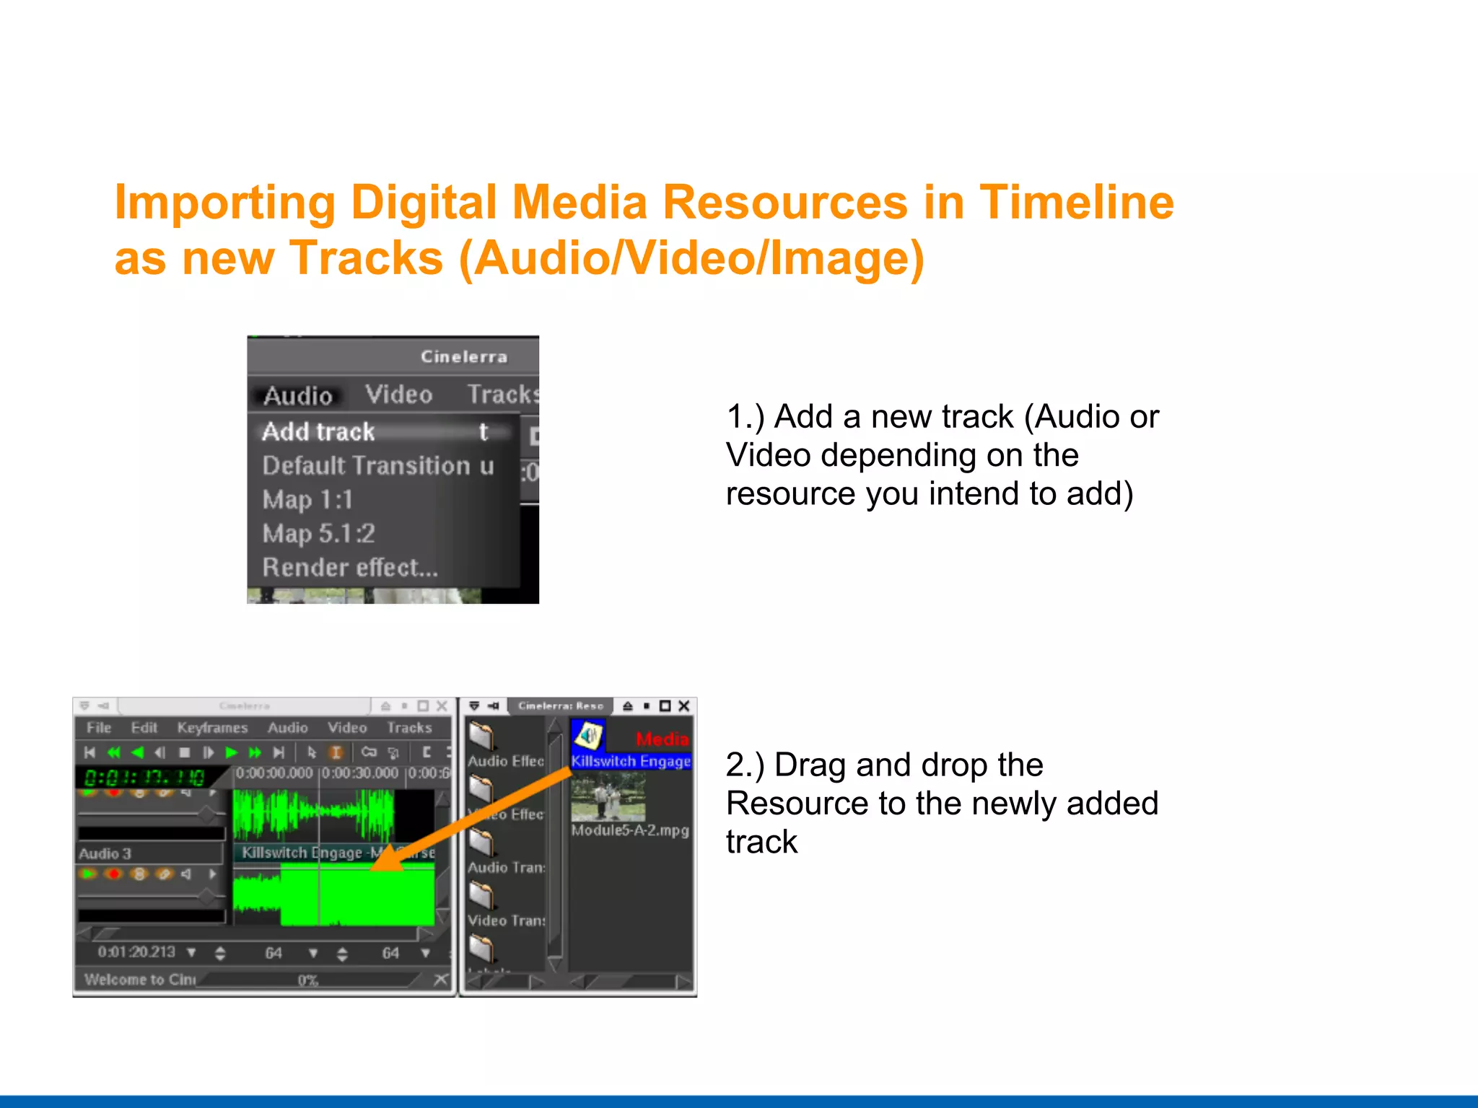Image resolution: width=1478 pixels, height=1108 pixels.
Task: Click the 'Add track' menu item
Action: click(x=319, y=431)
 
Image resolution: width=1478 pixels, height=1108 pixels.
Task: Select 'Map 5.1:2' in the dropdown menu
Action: click(x=319, y=534)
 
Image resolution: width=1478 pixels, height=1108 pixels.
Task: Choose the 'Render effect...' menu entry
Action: click(x=350, y=568)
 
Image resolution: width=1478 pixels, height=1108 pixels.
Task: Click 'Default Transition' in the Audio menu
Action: click(x=367, y=465)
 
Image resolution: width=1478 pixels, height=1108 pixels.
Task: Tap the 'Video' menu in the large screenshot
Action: click(x=398, y=395)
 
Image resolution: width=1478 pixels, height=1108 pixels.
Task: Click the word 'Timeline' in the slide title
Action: click(x=1076, y=202)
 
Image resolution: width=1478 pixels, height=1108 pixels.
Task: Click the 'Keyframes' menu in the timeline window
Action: click(x=212, y=728)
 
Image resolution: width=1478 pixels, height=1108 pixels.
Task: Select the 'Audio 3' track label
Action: click(x=105, y=853)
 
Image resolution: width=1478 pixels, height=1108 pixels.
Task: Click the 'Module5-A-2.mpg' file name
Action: click(x=630, y=830)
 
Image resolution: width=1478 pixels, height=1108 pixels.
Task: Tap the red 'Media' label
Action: click(x=662, y=739)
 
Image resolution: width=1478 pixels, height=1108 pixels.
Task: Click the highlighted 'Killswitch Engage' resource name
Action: click(x=630, y=762)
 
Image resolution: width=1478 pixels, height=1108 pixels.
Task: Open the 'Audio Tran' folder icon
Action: click(x=481, y=841)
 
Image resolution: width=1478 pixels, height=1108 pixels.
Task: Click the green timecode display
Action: click(x=144, y=778)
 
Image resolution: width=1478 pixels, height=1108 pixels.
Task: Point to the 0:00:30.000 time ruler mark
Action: click(x=359, y=773)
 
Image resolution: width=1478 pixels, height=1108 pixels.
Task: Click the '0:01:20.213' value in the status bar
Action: click(x=136, y=952)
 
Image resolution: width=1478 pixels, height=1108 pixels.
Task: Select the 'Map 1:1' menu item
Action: click(x=307, y=499)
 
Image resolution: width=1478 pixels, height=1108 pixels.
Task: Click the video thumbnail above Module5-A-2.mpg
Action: click(x=608, y=797)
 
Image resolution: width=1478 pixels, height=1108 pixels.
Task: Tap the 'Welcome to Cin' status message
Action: click(x=139, y=980)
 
